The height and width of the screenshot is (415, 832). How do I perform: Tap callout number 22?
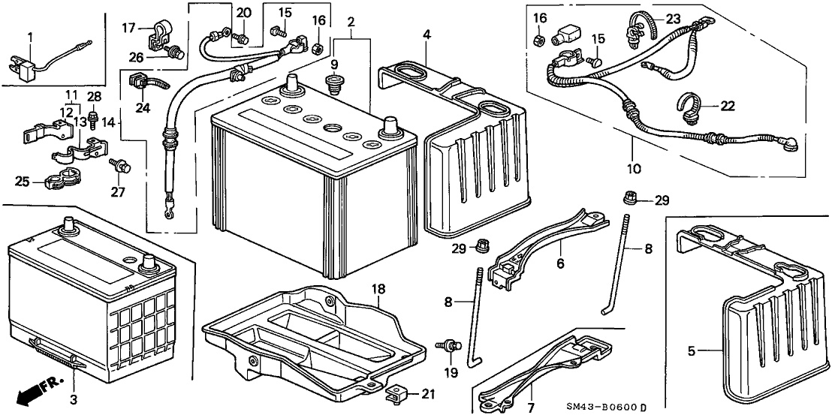click(726, 107)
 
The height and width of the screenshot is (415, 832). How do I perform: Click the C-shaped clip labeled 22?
click(692, 105)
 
